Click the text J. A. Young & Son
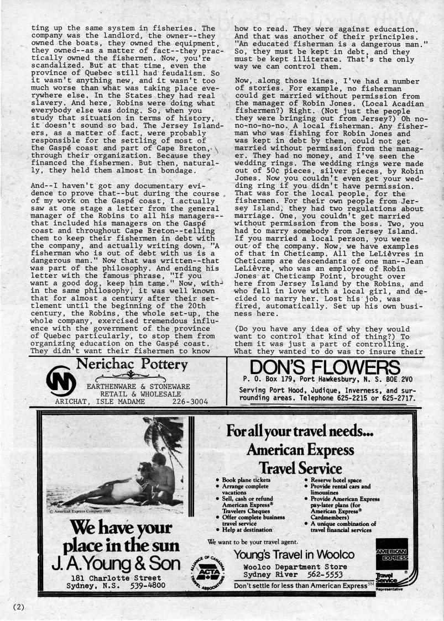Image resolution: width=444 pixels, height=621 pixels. coord(116,563)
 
